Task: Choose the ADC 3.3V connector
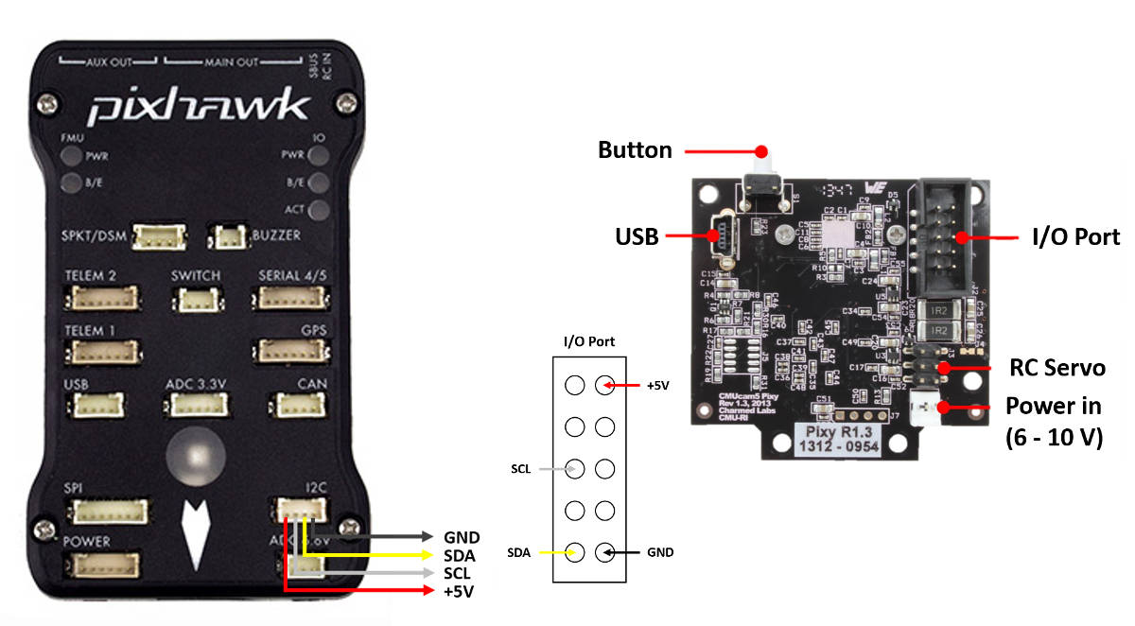(197, 405)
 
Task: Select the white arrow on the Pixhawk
(197, 535)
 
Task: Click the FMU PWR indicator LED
(71, 156)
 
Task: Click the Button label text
(636, 150)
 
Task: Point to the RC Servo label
(1056, 368)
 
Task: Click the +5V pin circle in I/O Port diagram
(604, 385)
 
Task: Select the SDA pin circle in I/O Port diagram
(574, 551)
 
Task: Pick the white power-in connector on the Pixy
(922, 409)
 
